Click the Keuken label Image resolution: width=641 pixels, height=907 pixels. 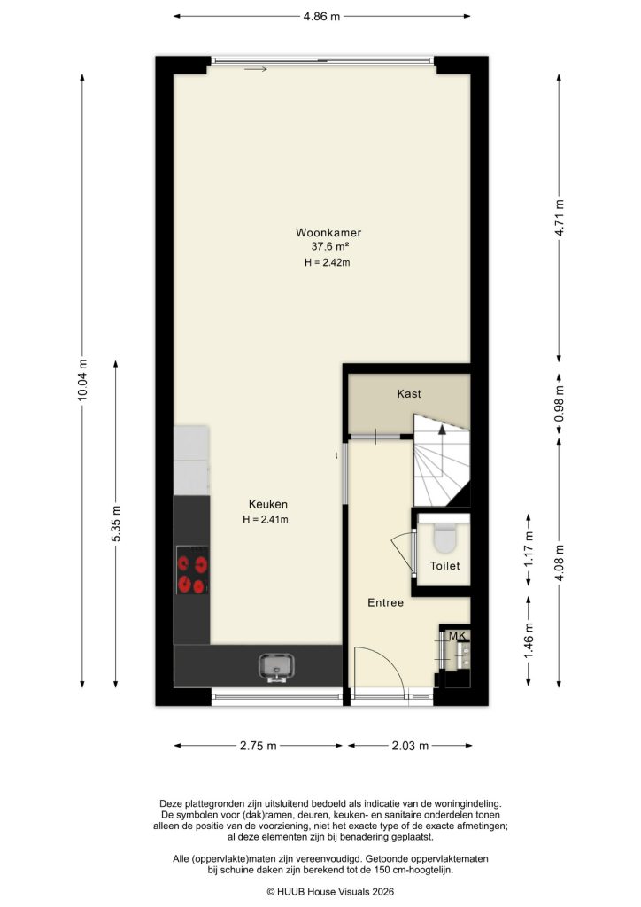[x=268, y=505]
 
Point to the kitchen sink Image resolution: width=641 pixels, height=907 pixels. [x=277, y=664]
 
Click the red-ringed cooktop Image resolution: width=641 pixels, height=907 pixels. [x=193, y=571]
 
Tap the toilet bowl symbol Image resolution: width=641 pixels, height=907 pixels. [x=444, y=539]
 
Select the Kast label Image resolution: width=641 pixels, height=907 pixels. [x=409, y=394]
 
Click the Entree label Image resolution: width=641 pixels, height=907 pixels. [x=386, y=603]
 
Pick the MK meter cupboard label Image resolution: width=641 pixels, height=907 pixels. [x=457, y=636]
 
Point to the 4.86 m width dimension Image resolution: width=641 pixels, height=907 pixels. [x=321, y=16]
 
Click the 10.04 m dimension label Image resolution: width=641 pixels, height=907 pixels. [x=83, y=381]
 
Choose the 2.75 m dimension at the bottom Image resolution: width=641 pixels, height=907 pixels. [x=259, y=746]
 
